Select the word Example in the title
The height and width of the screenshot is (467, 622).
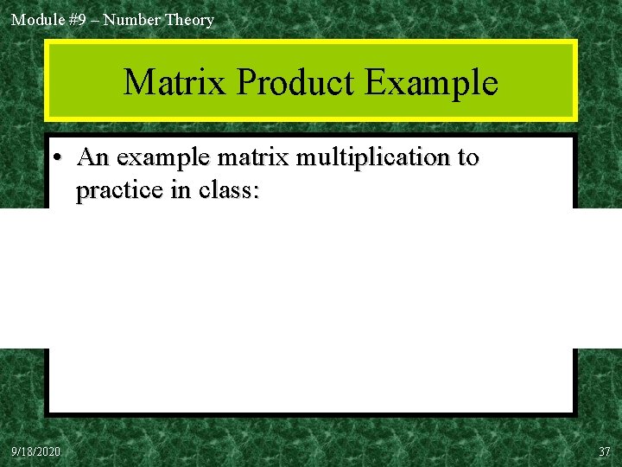pyautogui.click(x=431, y=83)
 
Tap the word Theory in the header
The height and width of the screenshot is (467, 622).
pyautogui.click(x=189, y=19)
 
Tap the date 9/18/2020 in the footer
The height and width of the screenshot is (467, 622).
pyautogui.click(x=36, y=451)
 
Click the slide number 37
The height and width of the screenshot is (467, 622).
pyautogui.click(x=604, y=451)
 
